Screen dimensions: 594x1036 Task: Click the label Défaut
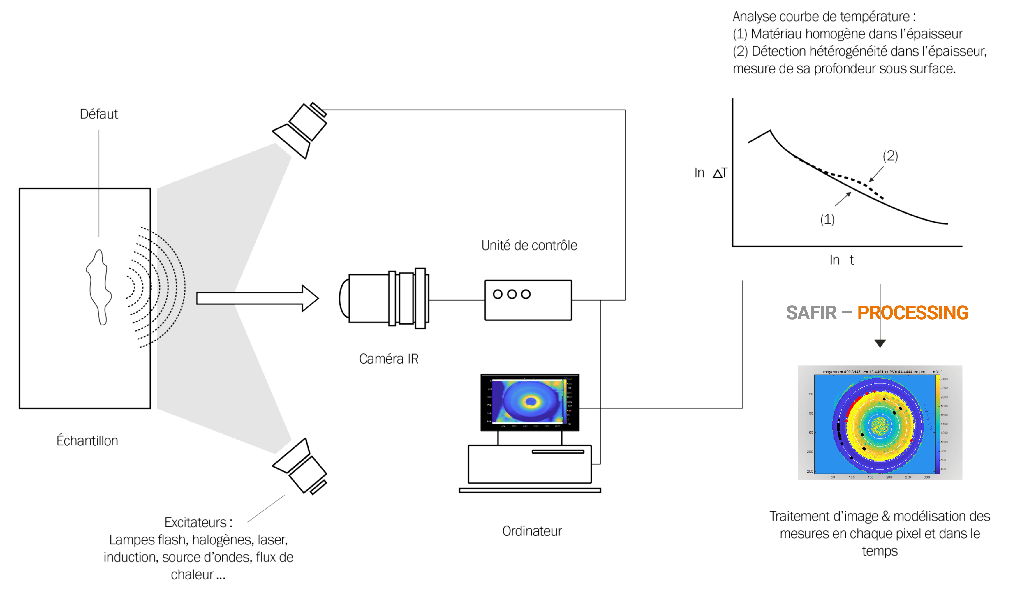(x=99, y=114)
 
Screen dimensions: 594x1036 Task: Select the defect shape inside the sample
(x=99, y=287)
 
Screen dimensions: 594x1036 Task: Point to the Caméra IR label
(x=389, y=359)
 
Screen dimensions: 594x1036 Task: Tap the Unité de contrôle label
(x=529, y=246)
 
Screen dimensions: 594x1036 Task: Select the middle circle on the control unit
(x=512, y=294)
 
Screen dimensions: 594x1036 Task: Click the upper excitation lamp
(x=302, y=128)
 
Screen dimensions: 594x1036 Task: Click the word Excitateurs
(x=196, y=523)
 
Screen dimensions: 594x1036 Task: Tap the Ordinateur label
(x=532, y=531)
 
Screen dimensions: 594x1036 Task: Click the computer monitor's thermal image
(x=529, y=402)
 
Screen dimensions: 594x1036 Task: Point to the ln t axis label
(x=841, y=260)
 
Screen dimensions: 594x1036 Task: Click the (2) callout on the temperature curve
(x=890, y=156)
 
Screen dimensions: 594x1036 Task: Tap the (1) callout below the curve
(x=827, y=219)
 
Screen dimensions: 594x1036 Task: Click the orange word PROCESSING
(x=913, y=313)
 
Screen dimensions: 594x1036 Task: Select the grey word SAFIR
(x=811, y=313)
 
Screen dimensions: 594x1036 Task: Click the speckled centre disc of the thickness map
(x=879, y=426)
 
